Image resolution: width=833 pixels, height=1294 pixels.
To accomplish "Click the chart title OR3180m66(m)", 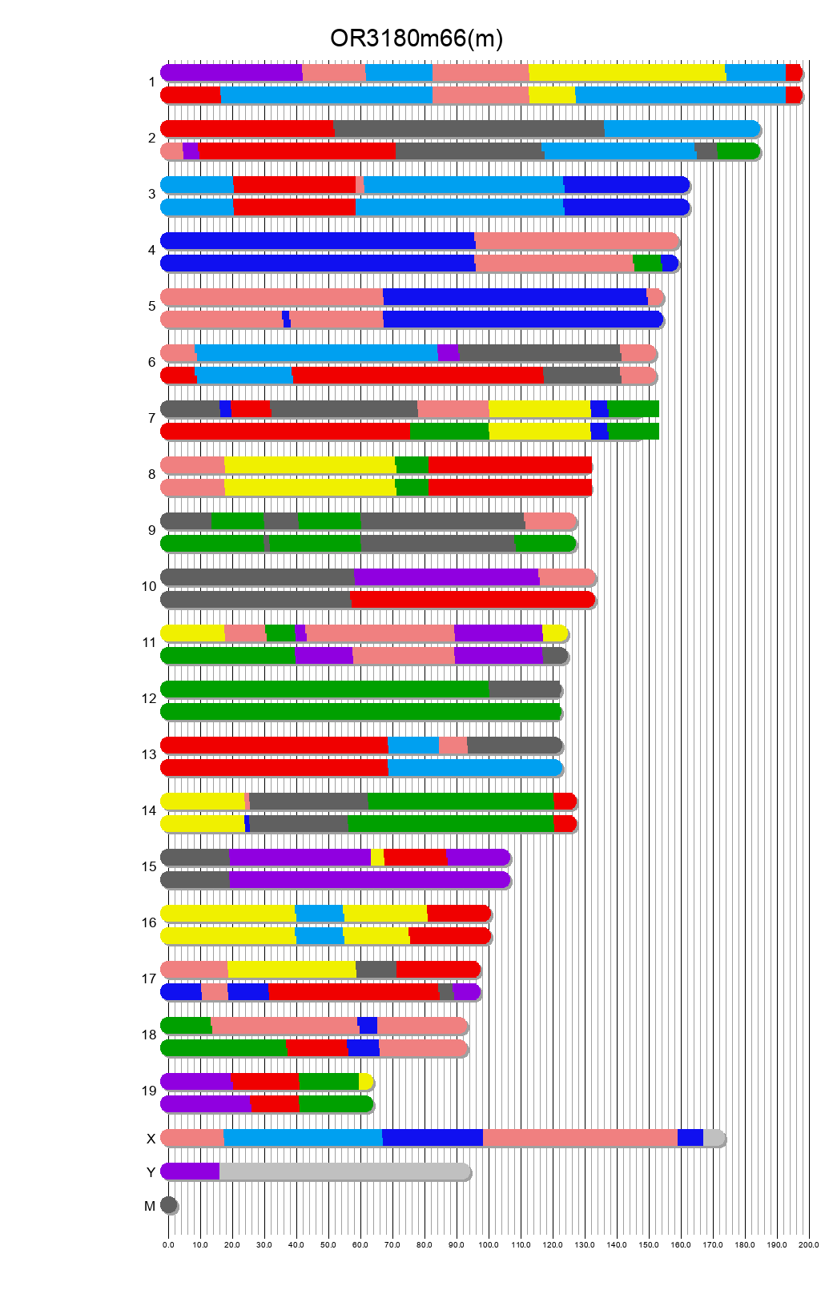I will pos(416,38).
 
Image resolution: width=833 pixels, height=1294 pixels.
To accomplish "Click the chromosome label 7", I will pos(151,419).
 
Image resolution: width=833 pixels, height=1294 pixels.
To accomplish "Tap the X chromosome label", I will pos(151,1139).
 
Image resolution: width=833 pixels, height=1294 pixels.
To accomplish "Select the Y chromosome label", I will pos(151,1172).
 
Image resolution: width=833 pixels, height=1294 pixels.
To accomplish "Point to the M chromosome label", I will pos(150,1206).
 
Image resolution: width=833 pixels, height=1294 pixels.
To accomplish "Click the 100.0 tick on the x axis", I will pos(489,1245).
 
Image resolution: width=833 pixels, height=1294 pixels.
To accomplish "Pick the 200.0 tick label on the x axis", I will pos(809,1245).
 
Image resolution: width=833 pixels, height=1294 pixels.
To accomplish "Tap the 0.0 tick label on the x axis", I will pos(168,1245).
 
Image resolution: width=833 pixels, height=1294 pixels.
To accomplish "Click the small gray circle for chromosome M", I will pos(168,1205).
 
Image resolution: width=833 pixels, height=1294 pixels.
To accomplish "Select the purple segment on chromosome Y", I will pos(191,1171).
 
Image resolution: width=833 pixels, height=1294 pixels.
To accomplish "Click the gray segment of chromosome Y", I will pos(344,1171).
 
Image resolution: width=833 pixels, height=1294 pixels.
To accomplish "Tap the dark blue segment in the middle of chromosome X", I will pos(433,1138).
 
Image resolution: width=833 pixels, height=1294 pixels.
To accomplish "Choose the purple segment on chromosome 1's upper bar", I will pos(232,73).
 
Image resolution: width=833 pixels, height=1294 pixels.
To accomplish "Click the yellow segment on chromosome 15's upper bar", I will pos(377,858).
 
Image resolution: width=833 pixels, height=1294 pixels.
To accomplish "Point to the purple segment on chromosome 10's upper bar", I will pos(446,577).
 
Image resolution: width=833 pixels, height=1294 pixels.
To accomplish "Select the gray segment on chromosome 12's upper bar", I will pos(525,689).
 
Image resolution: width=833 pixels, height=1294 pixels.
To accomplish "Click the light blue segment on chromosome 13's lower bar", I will pos(474,768).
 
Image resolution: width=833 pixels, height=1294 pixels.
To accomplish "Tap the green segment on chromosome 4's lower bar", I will pos(647,263).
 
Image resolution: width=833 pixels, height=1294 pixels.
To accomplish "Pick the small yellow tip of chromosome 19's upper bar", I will pos(365,1082).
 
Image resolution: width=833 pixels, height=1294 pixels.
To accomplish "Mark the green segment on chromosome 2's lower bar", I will pos(738,151).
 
